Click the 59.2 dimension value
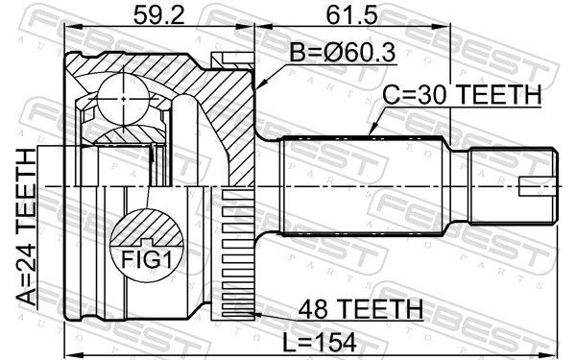click(x=158, y=15)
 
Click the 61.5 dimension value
click(x=352, y=15)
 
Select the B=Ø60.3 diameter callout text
click(x=343, y=53)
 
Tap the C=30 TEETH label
click(x=462, y=94)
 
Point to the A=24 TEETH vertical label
click(x=27, y=228)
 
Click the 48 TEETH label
click(x=361, y=309)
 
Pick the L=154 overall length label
click(x=320, y=343)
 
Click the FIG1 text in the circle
click(x=147, y=260)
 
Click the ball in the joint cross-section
click(x=124, y=99)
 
